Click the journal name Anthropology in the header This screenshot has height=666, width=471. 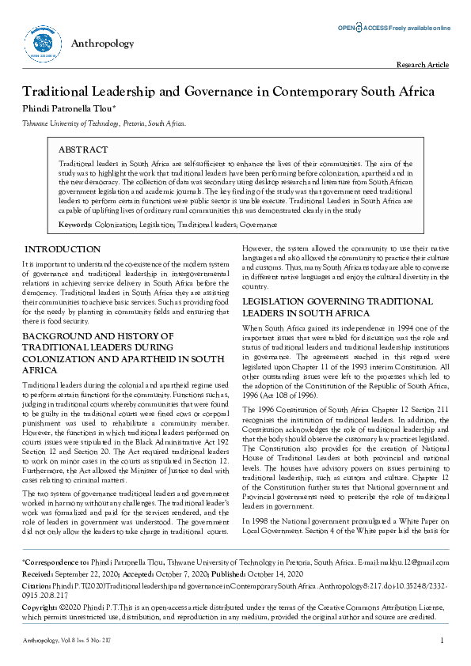click(102, 44)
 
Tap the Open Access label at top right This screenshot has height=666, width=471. click(393, 28)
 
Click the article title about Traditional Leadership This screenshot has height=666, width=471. click(228, 91)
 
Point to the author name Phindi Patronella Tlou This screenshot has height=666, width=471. click(70, 108)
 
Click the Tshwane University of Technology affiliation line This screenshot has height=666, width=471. click(104, 124)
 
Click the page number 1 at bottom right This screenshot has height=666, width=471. click(442, 640)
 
